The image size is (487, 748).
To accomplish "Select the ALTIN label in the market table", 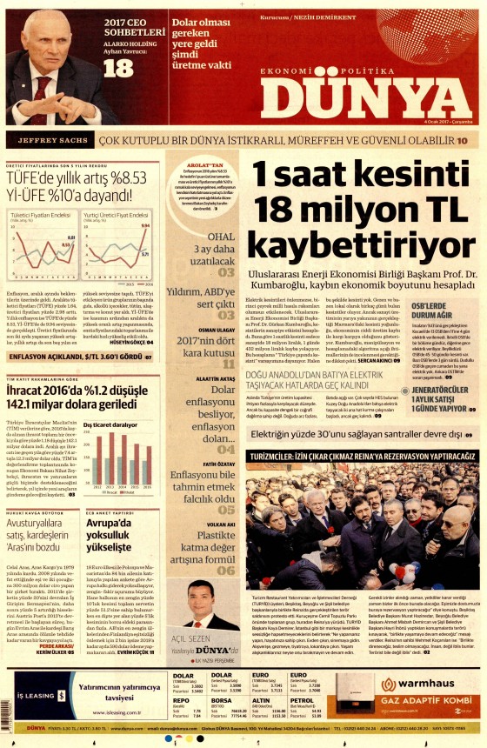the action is pos(260,698).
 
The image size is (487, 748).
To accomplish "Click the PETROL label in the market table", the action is pos(302,698).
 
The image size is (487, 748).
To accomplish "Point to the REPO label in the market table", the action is pos(181,698).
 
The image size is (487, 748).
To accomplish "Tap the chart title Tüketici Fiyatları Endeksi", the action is pos(40,213).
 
